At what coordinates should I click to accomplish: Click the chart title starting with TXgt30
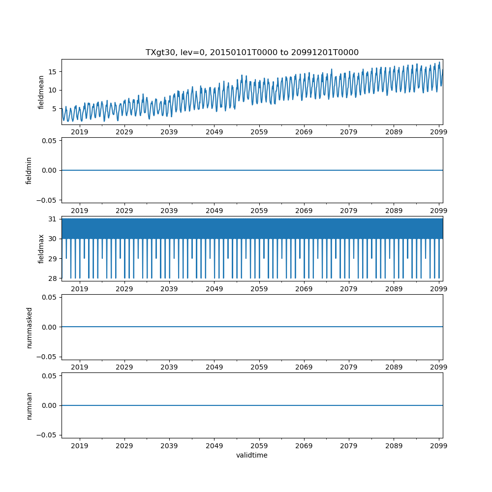pos(252,52)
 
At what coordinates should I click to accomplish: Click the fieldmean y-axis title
pos(41,92)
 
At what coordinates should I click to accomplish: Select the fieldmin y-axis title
pos(29,170)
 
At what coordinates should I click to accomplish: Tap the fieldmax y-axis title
pos(41,248)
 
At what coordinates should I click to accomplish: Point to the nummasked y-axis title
pos(29,327)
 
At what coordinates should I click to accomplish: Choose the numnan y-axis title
pos(29,405)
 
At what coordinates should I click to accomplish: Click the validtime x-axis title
pos(252,456)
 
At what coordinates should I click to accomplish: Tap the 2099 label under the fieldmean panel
pos(438,132)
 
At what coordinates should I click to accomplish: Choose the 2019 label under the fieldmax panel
pos(80,289)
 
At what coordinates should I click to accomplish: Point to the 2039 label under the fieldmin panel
pos(169,211)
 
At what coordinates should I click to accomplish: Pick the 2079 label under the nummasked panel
pos(349,368)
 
